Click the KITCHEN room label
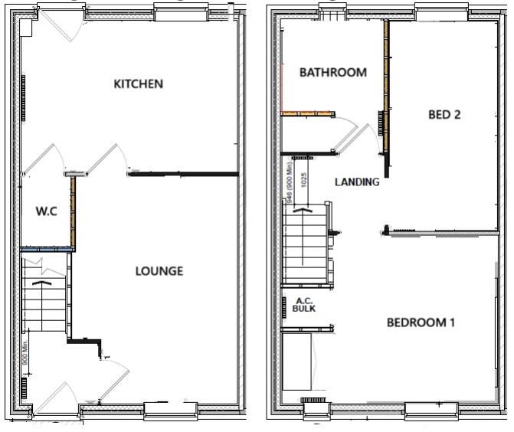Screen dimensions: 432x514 click(138, 83)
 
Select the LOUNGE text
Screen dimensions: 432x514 click(159, 271)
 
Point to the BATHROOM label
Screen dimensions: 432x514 click(332, 73)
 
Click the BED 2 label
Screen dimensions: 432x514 click(444, 115)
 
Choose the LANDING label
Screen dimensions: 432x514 click(357, 182)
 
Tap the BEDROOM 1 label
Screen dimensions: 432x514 click(421, 322)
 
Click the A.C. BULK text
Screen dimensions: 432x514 click(304, 305)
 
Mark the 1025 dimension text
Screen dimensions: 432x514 click(304, 180)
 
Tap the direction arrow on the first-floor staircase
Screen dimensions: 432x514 click(304, 208)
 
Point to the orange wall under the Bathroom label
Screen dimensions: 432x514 click(308, 114)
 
